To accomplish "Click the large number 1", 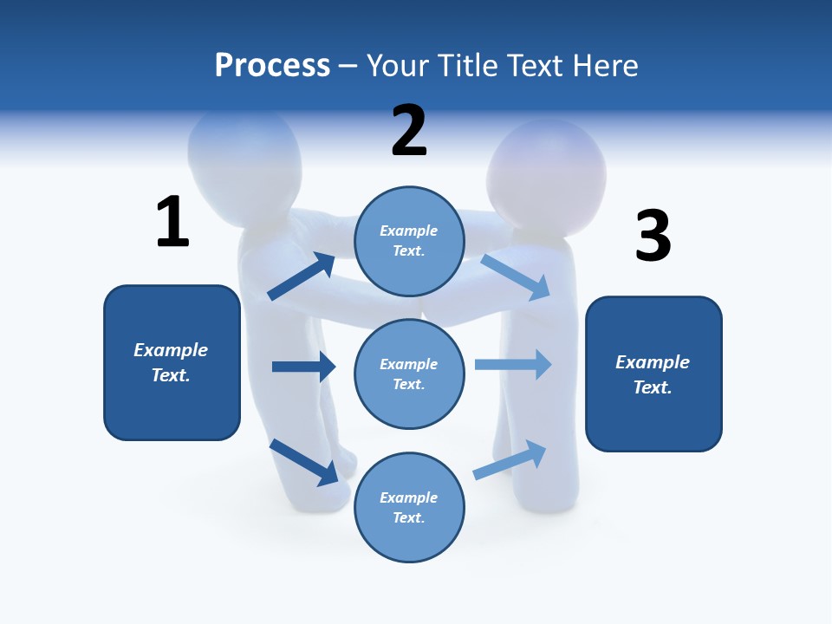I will pos(172,222).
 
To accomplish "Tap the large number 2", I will pos(409,130).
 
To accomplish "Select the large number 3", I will pos(653,236).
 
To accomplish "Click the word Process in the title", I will pos(272,65).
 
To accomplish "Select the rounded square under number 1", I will pos(172,362).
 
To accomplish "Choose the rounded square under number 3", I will pos(653,374).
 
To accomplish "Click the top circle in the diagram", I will pos(409,241).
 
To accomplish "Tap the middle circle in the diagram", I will pos(409,374).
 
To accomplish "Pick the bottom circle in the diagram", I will pos(409,507).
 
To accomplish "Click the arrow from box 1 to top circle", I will pos(302,276).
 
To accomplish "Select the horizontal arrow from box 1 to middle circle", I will pos(303,367).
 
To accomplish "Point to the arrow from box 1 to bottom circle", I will pos(303,462).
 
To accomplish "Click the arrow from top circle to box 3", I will pos(516,276).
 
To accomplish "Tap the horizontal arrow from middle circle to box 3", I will pos(513,365).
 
